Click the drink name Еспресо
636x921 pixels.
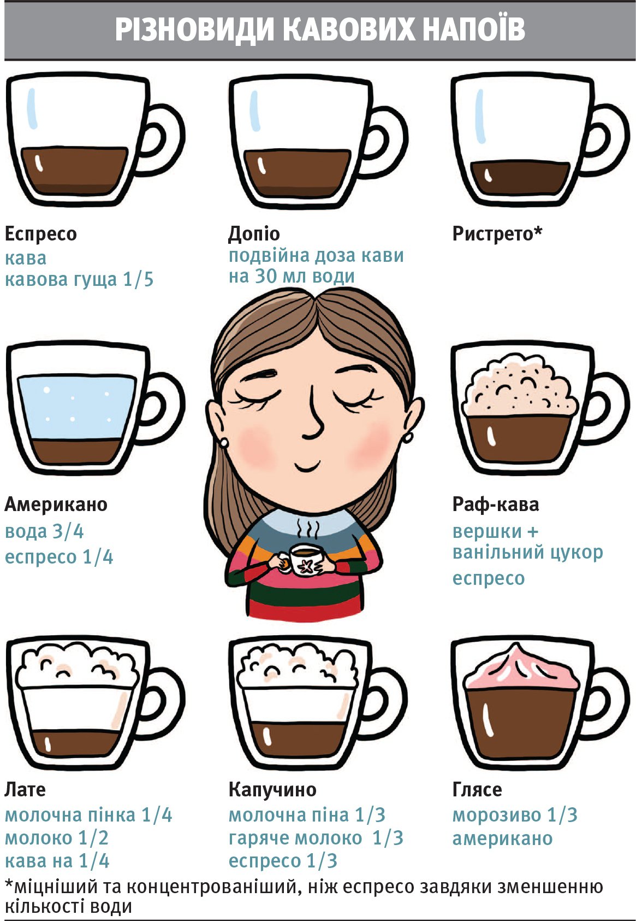(40, 234)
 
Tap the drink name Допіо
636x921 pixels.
(254, 234)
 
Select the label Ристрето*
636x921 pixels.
(497, 233)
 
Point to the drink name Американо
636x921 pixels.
(56, 505)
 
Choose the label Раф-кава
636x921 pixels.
(496, 505)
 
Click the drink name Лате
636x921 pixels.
(25, 789)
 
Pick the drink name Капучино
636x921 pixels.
(272, 789)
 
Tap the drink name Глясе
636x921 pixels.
(477, 789)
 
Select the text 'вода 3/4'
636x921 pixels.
(44, 532)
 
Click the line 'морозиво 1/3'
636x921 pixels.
(515, 815)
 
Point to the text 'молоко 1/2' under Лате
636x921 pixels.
(57, 838)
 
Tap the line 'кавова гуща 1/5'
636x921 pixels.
(79, 280)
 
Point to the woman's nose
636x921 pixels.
(313, 415)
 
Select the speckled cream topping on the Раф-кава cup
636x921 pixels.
(521, 387)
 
